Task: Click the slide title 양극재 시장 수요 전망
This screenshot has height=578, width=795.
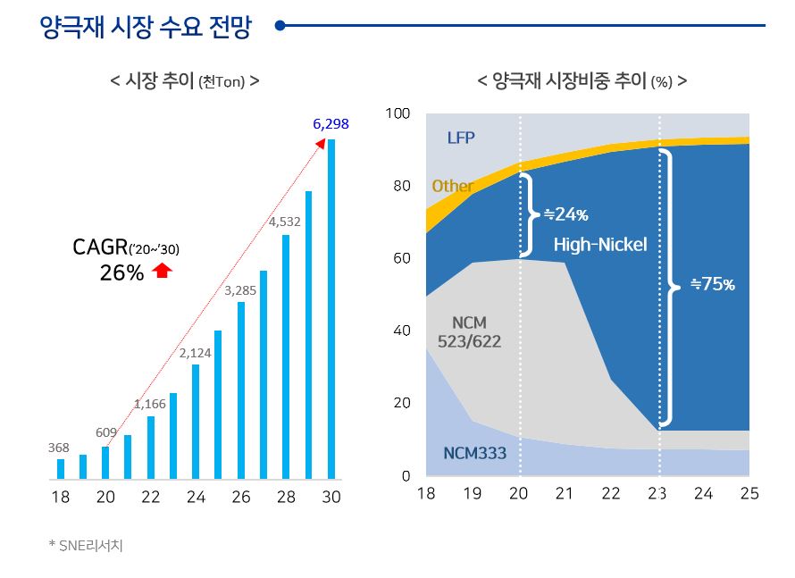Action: (x=146, y=27)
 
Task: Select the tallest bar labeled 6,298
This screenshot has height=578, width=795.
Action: (x=331, y=308)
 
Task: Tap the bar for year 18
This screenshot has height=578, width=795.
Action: (x=61, y=469)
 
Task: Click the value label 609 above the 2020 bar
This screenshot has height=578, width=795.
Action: (x=106, y=432)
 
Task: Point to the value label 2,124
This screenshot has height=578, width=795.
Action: (x=195, y=353)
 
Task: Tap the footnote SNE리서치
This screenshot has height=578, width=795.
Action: (x=86, y=545)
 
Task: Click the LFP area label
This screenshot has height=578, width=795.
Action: (x=461, y=138)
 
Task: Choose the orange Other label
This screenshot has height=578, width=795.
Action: (x=452, y=186)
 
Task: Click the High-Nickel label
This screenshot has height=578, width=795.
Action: (x=599, y=245)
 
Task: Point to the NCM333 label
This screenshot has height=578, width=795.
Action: (x=474, y=454)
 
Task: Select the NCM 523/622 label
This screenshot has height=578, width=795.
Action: (x=469, y=331)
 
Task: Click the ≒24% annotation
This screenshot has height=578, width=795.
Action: (x=565, y=214)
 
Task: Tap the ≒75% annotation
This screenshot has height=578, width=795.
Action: (x=712, y=285)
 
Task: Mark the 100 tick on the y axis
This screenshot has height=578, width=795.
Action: (x=397, y=113)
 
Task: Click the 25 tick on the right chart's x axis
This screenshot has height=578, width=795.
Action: (x=749, y=494)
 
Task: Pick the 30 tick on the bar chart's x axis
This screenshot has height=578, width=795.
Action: (x=331, y=498)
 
